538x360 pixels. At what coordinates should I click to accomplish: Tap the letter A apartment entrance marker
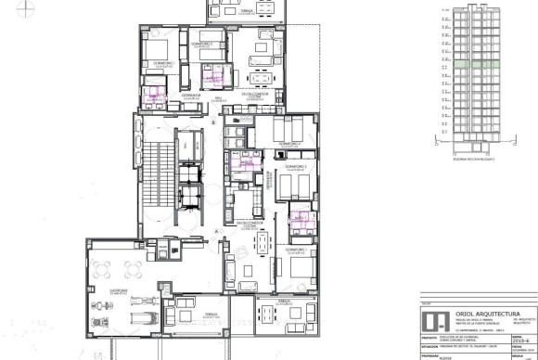click(216, 229)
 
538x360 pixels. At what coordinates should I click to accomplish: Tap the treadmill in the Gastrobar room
click(138, 311)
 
